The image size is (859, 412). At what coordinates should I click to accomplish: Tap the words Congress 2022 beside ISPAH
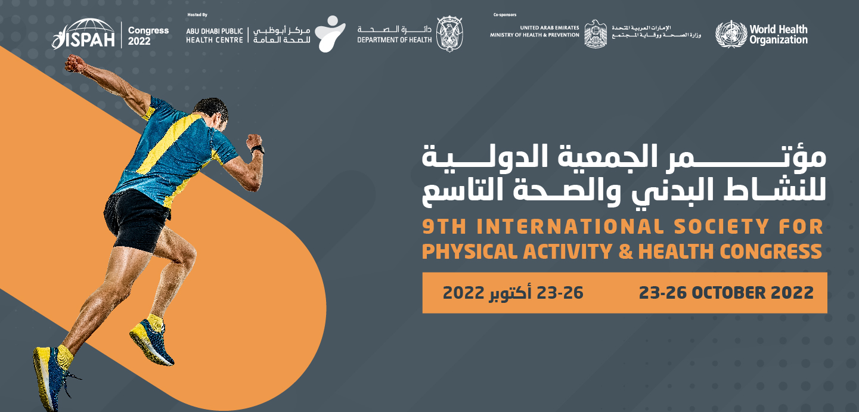tap(148, 36)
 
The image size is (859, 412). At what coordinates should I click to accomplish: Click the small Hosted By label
tap(197, 14)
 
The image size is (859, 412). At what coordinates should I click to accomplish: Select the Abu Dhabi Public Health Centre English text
tap(215, 35)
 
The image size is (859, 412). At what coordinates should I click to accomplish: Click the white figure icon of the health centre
tap(330, 34)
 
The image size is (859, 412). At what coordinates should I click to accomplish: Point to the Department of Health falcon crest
tap(450, 34)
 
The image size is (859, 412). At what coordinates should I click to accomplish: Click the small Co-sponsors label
tap(505, 14)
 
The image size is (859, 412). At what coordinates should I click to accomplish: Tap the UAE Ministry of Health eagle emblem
tap(596, 34)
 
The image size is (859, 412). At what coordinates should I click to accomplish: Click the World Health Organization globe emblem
tap(731, 34)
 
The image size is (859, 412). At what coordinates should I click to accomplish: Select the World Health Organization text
tap(779, 35)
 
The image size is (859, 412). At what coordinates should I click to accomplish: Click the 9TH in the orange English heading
tap(444, 227)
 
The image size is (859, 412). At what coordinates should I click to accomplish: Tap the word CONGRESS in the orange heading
tap(771, 252)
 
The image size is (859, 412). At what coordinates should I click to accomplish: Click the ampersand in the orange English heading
tap(625, 252)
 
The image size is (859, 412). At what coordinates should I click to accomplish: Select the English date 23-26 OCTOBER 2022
tap(726, 293)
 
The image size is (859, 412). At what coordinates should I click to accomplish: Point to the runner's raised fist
tap(75, 64)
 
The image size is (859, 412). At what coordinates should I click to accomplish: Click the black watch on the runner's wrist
tap(258, 149)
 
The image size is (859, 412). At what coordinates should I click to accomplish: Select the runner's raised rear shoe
tap(151, 340)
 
